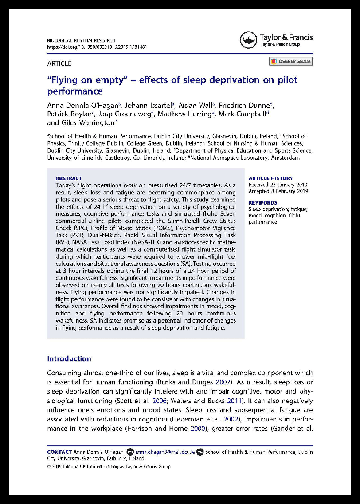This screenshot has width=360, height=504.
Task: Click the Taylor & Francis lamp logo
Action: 248,40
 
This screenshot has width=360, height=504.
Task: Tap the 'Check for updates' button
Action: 290,62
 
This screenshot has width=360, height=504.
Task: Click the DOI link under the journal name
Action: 97,47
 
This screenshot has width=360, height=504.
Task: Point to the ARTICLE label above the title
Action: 59,63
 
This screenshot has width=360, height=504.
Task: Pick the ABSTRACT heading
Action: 69,178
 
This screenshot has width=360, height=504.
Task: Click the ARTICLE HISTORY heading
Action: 270,178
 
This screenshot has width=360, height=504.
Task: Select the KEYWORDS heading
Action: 262,203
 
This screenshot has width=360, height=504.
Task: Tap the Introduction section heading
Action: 69,359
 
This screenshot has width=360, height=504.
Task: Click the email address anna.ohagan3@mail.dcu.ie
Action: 164,452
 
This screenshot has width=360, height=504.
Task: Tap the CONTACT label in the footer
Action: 59,452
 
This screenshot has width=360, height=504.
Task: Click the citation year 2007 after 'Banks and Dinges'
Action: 235,382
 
